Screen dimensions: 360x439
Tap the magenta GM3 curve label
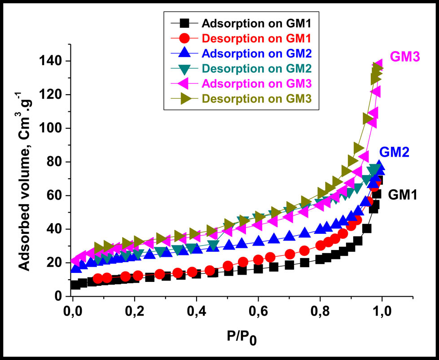click(x=405, y=57)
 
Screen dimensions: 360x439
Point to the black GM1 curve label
click(x=403, y=195)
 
